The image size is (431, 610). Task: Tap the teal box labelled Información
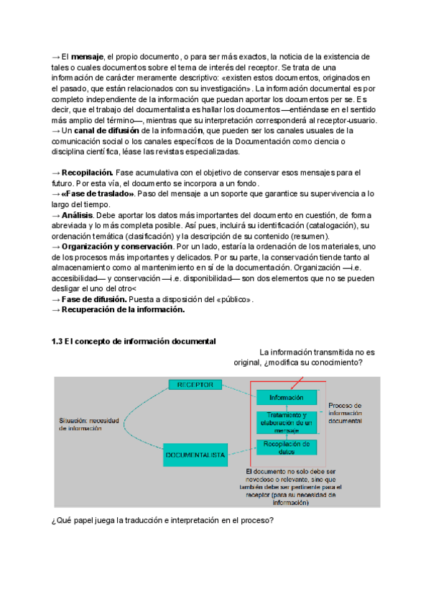tap(286, 397)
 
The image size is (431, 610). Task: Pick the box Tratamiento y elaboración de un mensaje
tap(286, 424)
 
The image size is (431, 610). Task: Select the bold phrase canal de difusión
tap(107, 132)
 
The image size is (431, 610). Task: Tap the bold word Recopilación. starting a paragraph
tap(88, 173)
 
